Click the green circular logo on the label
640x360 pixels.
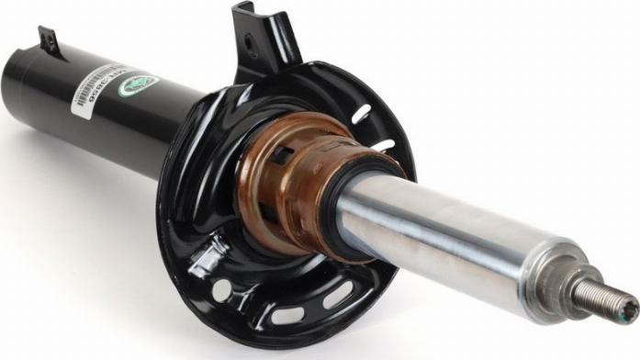pyautogui.click(x=138, y=86)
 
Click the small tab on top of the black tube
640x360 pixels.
pyautogui.click(x=47, y=39)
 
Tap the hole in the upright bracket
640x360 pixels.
pyautogui.click(x=251, y=41)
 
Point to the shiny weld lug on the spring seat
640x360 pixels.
pyautogui.click(x=208, y=256)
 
